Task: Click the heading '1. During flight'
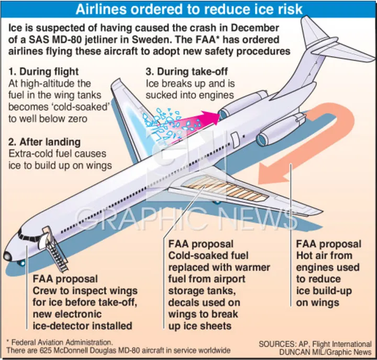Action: click(44, 72)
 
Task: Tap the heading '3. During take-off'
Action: click(187, 72)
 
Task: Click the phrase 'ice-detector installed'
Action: click(82, 326)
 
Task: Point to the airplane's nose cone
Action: click(7, 256)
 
